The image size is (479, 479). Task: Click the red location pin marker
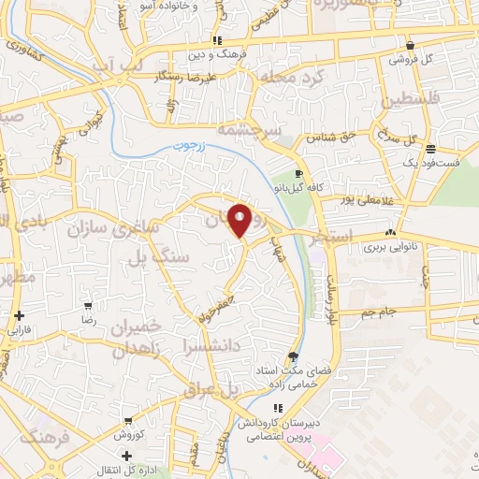[x=240, y=220]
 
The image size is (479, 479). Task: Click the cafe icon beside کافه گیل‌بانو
[x=298, y=174]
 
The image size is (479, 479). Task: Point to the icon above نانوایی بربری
[x=390, y=233]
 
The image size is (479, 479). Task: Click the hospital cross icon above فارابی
[x=19, y=315]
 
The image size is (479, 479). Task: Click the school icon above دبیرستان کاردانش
[x=276, y=407]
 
